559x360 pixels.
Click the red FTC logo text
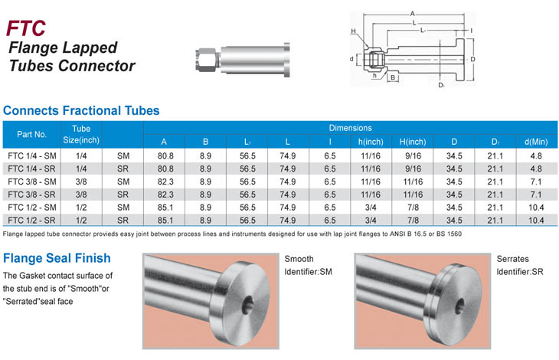pos(26,28)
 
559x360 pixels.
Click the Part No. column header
pos(31,134)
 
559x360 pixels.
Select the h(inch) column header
pos(371,142)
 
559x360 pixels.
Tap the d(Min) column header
pos(536,142)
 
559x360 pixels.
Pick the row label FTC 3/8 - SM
pos(32,182)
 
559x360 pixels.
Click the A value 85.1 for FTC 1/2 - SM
pos(165,208)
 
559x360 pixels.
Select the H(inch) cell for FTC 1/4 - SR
pos(413,169)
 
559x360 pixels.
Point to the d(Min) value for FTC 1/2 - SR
pos(536,221)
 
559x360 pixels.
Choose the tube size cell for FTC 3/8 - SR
pos(81,195)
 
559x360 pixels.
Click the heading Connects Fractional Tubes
pos(81,110)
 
